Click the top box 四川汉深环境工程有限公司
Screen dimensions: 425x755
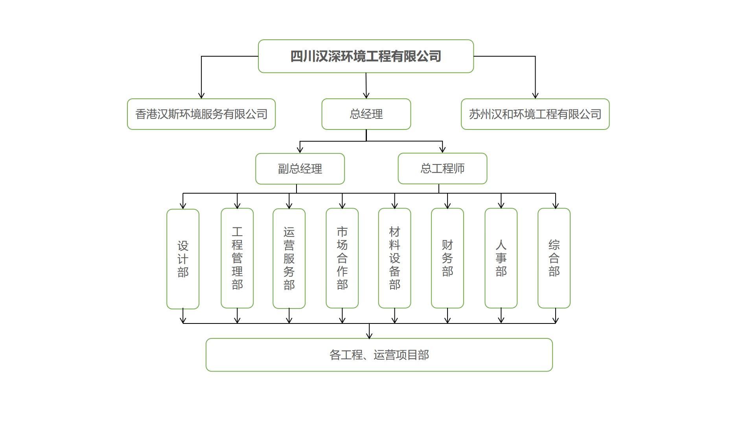pos(366,56)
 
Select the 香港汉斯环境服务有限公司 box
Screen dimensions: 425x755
pos(201,114)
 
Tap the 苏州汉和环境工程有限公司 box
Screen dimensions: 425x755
pos(535,114)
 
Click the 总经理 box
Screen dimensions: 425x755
pos(366,114)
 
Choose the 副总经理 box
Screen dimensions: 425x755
pos(300,169)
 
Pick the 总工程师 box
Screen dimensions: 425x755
pos(442,168)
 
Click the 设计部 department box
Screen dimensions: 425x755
pos(183,259)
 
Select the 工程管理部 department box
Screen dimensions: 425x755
pos(237,258)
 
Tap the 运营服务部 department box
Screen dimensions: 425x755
pos(289,259)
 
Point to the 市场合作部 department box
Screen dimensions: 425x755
pos(342,258)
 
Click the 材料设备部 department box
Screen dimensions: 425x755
pos(394,258)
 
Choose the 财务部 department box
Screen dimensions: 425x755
pos(447,258)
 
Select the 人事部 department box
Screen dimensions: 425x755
pos(501,258)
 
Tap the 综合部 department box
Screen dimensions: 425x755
pos(554,258)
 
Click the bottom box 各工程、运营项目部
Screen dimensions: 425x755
pos(379,355)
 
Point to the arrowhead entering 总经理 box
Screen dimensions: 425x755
pos(366,96)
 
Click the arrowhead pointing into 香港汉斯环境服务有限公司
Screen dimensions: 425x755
pos(201,96)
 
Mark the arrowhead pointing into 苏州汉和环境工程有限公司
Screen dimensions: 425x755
pos(535,96)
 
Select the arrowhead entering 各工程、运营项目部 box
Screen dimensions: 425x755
pos(369,336)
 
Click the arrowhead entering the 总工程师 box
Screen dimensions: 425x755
pos(442,150)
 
